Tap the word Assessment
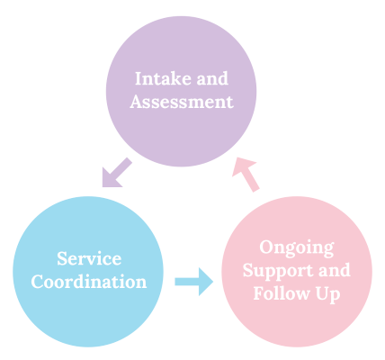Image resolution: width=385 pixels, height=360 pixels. coord(182,102)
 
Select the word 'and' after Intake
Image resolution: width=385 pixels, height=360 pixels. coord(212,78)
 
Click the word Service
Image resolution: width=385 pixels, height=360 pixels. coord(89,258)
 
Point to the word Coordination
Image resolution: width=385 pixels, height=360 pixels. coord(89,282)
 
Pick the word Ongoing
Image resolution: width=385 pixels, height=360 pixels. coord(297,248)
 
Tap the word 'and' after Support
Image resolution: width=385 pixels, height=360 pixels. coord(334,270)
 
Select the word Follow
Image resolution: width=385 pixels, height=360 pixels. coord(282,292)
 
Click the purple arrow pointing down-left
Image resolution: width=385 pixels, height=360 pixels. coord(116,173)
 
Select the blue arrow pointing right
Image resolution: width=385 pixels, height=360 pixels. coord(194,282)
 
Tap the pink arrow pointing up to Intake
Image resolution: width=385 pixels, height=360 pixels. coord(246,174)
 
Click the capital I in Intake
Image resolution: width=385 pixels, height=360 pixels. coord(139,78)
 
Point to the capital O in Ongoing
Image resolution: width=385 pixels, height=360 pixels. coord(266,247)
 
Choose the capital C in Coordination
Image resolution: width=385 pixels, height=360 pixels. coord(38,282)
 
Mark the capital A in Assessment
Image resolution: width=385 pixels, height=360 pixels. coord(137,102)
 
